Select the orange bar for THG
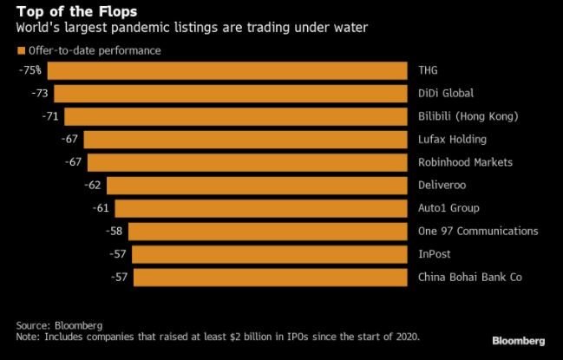(227, 70)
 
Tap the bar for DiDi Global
(231, 93)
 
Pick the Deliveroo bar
(257, 185)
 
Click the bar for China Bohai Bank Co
(270, 278)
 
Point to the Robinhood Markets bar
(247, 162)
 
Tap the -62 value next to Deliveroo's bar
(93, 185)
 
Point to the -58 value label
(114, 231)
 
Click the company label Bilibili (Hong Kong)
(468, 116)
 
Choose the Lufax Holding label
(452, 139)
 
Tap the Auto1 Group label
(448, 208)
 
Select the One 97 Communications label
(478, 231)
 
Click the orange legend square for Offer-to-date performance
(21, 50)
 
